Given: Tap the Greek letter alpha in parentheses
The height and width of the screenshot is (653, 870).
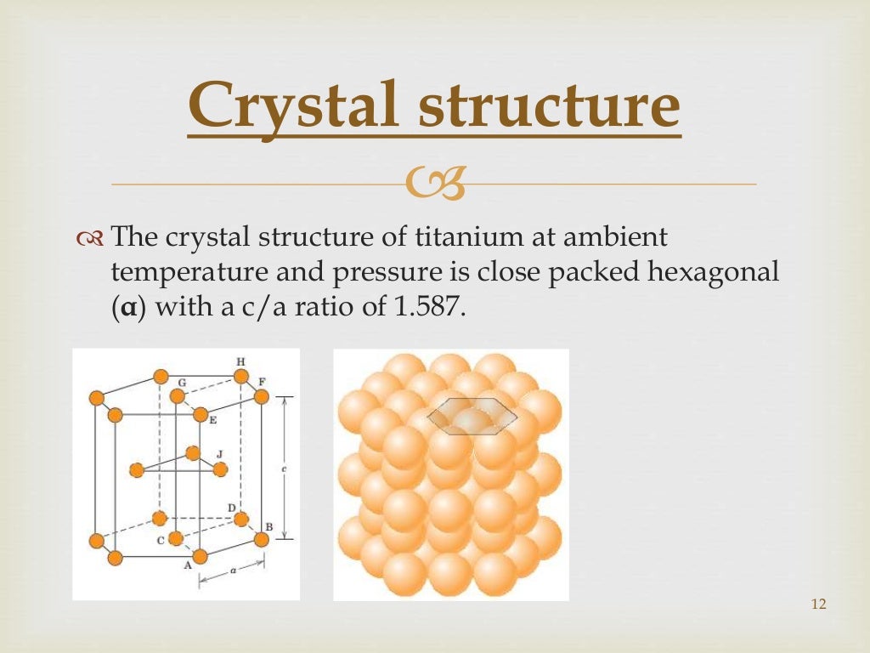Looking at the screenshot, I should pyautogui.click(x=124, y=305).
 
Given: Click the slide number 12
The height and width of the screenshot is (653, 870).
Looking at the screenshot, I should pyautogui.click(x=819, y=604).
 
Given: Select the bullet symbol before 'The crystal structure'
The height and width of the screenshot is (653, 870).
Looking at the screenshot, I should pyautogui.click(x=88, y=238).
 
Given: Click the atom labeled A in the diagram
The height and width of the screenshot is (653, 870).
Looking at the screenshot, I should pyautogui.click(x=201, y=556).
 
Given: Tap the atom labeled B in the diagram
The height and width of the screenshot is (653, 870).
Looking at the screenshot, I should pyautogui.click(x=262, y=539).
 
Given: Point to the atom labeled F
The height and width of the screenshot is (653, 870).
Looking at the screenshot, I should pyautogui.click(x=262, y=396).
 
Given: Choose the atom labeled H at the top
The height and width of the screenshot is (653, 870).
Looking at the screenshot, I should pyautogui.click(x=241, y=376).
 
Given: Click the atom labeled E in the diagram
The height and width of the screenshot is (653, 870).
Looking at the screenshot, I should pyautogui.click(x=201, y=414).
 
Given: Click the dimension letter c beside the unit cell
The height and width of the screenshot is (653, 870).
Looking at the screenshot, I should pyautogui.click(x=282, y=468).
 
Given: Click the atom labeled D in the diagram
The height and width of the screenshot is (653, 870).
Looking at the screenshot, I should pyautogui.click(x=241, y=518).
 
